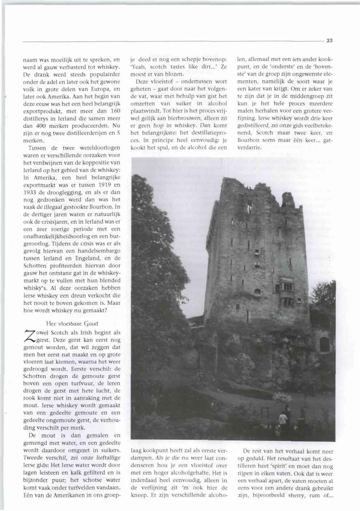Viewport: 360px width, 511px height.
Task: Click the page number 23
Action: [329, 41]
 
